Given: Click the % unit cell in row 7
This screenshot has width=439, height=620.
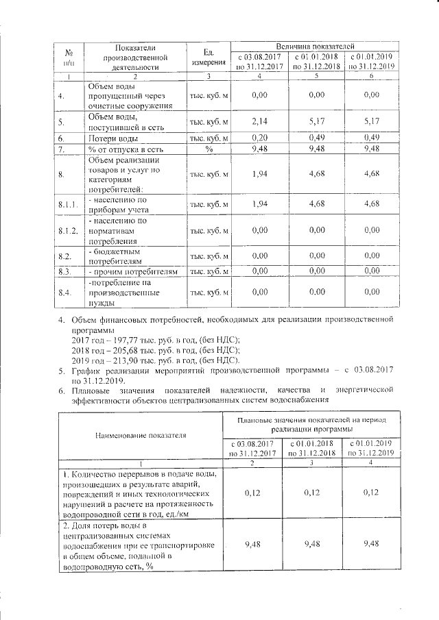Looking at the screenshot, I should [209, 149].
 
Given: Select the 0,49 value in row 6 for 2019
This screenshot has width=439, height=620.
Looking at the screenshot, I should [372, 138].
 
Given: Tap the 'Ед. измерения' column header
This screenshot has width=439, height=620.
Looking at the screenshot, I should [209, 58].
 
